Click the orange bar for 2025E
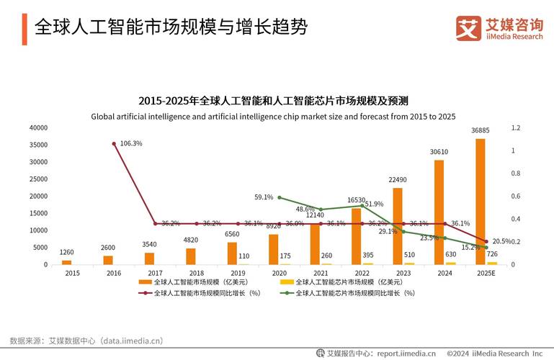point(480,202)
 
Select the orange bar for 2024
point(439,212)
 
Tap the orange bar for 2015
point(67,262)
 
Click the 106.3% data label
point(131,143)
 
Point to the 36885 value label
point(481,130)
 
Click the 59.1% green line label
point(264,197)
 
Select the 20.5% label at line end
point(502,241)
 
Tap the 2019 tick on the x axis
point(238,274)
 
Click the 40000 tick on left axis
point(38,127)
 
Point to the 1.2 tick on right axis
point(515,127)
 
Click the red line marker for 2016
point(114,144)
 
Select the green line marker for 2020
point(279,197)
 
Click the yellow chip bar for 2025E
point(492,263)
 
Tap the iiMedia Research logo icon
point(468,28)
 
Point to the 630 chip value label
point(451,253)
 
